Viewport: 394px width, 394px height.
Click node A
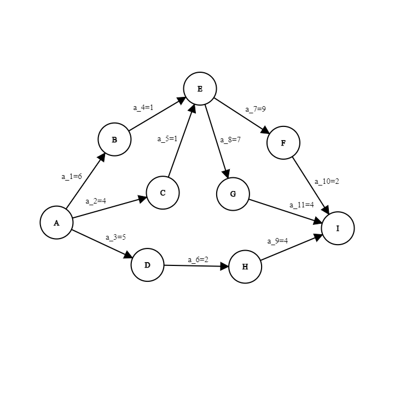point(56,223)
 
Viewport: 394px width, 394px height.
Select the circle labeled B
point(114,140)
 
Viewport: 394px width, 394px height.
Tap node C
point(163,193)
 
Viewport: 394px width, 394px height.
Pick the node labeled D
point(147,265)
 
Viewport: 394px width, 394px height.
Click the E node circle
point(200,89)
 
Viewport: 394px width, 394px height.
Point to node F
point(283,143)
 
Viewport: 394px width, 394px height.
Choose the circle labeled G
point(233,194)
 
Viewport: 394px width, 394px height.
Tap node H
point(245,266)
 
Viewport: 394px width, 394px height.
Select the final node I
point(338,228)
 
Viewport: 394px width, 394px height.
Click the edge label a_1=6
point(71,177)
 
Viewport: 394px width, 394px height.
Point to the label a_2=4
point(96,201)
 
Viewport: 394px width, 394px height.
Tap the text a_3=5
point(115,237)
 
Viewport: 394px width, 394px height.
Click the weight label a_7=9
point(256,109)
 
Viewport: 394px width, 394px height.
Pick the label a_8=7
point(230,140)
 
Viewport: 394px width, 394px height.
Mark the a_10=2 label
point(327,182)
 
